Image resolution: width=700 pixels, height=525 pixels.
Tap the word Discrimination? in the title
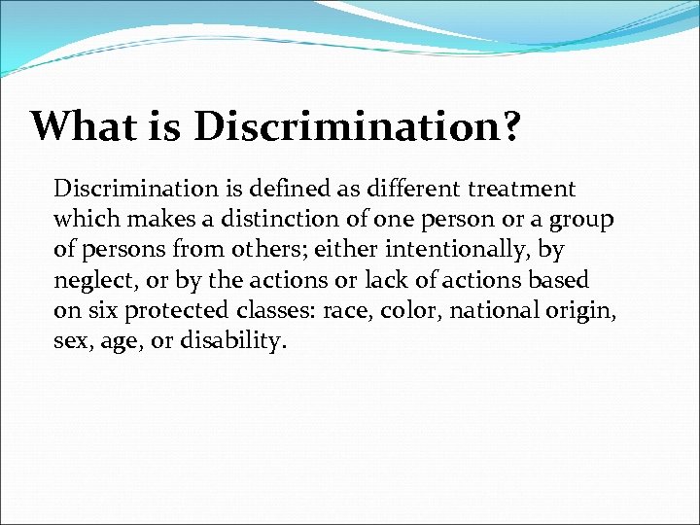356,125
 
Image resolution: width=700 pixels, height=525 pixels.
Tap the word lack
386,281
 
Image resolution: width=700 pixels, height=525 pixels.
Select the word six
100,312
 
